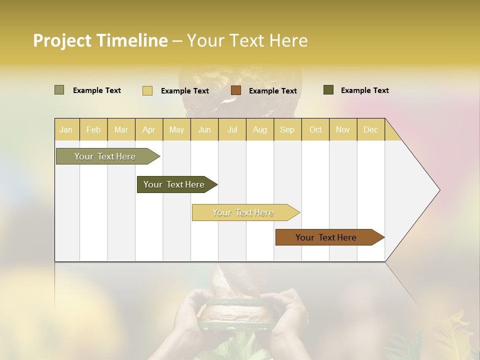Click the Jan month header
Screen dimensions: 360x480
66,129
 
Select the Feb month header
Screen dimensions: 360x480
93,129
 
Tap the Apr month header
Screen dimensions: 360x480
149,129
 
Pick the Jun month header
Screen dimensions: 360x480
204,129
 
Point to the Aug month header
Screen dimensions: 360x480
260,129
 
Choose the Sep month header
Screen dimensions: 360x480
287,129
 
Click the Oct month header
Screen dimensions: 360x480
315,129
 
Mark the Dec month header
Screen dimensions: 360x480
371,129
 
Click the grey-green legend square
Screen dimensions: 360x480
59,90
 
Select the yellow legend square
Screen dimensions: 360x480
147,90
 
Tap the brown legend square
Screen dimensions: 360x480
236,90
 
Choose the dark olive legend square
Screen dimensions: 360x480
328,90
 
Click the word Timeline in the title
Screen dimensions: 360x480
132,40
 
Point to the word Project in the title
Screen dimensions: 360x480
62,40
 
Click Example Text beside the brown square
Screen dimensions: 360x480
273,91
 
